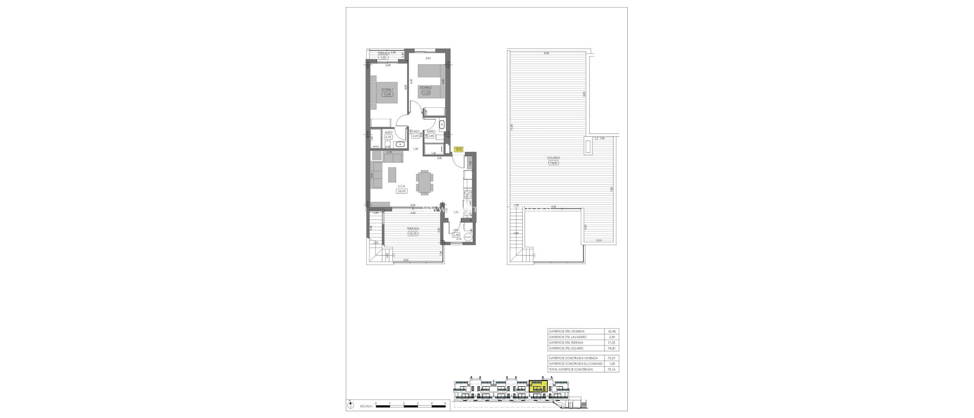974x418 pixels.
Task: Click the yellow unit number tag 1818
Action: point(459,149)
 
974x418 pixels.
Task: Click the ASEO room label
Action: point(389,133)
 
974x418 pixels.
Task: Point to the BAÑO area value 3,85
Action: point(431,136)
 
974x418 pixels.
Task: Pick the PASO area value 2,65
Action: point(416,136)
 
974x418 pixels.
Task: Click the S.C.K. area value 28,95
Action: point(401,191)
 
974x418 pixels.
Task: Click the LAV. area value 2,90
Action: point(456,235)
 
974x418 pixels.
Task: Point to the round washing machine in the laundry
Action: point(469,238)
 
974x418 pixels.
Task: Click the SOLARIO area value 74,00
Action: point(553,162)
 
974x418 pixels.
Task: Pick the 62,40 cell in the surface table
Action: point(612,331)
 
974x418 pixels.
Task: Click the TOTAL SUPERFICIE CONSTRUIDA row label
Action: point(570,369)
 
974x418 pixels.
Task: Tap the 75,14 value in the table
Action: point(612,369)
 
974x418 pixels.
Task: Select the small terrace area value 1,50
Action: point(383,57)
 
